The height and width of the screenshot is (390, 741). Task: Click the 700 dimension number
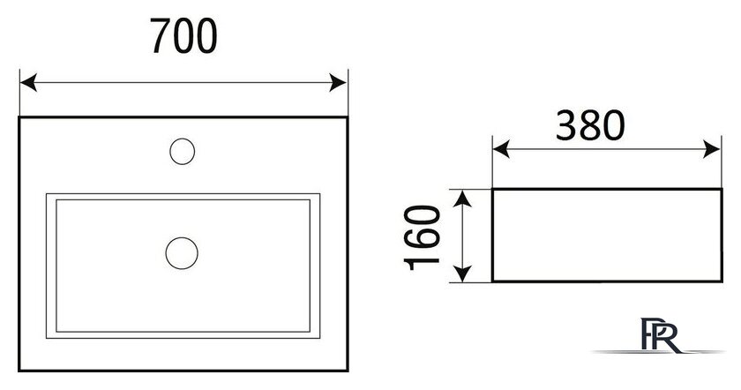[183, 36]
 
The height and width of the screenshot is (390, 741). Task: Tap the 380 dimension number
[590, 125]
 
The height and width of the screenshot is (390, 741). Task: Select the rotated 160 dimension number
[422, 236]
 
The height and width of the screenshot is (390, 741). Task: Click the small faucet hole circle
[183, 151]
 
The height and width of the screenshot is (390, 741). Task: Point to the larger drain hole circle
[182, 253]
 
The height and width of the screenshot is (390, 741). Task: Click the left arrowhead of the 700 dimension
[28, 83]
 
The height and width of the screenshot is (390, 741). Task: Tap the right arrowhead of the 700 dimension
[339, 83]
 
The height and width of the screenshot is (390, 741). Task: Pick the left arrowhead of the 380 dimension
[501, 149]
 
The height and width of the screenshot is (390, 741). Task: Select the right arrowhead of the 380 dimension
[712, 149]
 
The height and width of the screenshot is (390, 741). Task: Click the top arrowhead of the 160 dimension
[462, 199]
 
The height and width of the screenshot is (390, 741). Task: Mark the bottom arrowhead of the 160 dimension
[462, 274]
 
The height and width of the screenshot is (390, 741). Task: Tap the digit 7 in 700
[161, 36]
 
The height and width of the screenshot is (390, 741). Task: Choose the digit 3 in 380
[566, 125]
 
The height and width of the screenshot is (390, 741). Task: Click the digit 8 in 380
[590, 125]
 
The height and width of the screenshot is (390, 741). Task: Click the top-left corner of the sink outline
[19, 116]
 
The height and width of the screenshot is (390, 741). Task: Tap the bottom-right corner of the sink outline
[348, 370]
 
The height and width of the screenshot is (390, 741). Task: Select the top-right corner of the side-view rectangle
[722, 189]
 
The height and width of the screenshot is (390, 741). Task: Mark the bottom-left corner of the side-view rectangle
[492, 281]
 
